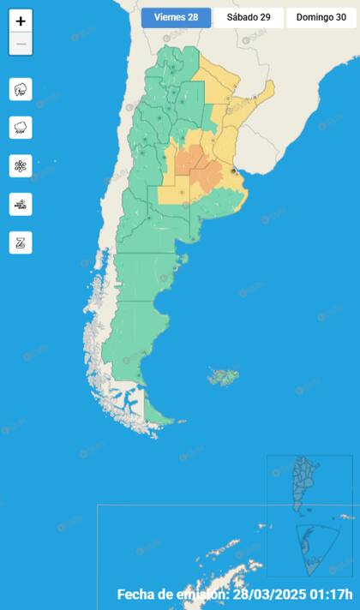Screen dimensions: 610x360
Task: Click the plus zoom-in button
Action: pos(21,21)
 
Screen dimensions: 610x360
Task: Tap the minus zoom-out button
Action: pos(21,44)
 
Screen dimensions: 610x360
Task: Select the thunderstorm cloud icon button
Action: pos(21,89)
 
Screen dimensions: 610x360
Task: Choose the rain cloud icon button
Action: pos(21,128)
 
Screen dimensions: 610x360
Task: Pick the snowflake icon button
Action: pos(21,165)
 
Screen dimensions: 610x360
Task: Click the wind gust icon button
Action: pos(21,204)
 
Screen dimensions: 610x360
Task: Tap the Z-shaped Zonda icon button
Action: pos(21,242)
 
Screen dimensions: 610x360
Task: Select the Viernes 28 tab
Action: pos(176,17)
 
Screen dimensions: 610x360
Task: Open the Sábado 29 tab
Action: pos(249,17)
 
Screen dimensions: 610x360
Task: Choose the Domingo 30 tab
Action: pos(321,17)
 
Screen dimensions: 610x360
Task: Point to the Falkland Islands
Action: pos(224,375)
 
